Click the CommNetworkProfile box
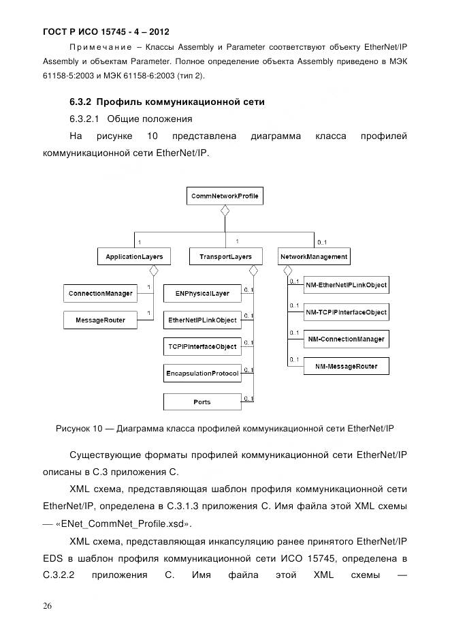[224, 196]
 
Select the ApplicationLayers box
[133, 257]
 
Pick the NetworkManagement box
[314, 257]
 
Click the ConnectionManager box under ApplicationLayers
[100, 294]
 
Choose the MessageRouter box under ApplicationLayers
[100, 320]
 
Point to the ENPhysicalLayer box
[202, 294]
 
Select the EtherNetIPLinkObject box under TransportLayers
[202, 320]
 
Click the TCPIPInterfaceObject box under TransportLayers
[202, 347]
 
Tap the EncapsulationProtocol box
[202, 374]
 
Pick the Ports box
[202, 402]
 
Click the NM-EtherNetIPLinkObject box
[346, 286]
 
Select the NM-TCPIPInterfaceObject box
[346, 312]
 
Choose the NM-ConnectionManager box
[346, 339]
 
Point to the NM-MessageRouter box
[346, 366]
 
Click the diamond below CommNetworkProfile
[224, 212]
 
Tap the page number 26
[48, 606]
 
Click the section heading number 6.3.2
[81, 102]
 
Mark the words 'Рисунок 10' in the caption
[78, 429]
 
